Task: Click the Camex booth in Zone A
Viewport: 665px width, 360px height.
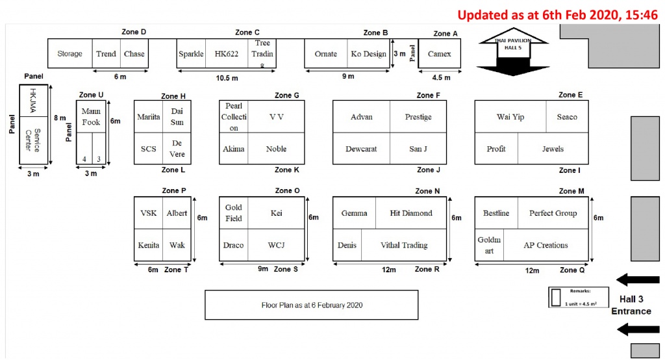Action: click(440, 53)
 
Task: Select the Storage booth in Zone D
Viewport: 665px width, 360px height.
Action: click(70, 53)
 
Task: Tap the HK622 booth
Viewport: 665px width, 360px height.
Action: click(227, 53)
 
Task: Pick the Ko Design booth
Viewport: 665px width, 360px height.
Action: click(368, 53)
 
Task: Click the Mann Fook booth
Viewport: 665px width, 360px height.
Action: click(91, 117)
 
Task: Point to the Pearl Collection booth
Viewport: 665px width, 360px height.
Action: click(234, 117)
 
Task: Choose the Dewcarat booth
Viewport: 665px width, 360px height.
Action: click(361, 149)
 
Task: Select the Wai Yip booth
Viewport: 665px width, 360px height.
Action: click(510, 117)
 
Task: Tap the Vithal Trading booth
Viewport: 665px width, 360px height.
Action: click(404, 245)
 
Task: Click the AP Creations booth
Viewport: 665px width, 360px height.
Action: click(546, 245)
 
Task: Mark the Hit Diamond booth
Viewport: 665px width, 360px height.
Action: click(411, 213)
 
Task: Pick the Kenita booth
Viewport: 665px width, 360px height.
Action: click(149, 245)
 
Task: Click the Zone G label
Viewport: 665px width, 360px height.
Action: click(286, 95)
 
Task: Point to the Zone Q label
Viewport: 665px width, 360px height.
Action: click(572, 270)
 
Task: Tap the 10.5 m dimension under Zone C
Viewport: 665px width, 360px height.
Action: click(227, 78)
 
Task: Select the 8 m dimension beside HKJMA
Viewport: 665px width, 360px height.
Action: click(60, 118)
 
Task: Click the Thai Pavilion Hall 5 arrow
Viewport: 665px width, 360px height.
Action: click(513, 52)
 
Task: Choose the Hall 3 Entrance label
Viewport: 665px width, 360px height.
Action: click(631, 305)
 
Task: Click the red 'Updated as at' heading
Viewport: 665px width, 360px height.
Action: click(557, 15)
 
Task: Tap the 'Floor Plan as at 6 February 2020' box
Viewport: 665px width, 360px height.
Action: click(311, 305)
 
